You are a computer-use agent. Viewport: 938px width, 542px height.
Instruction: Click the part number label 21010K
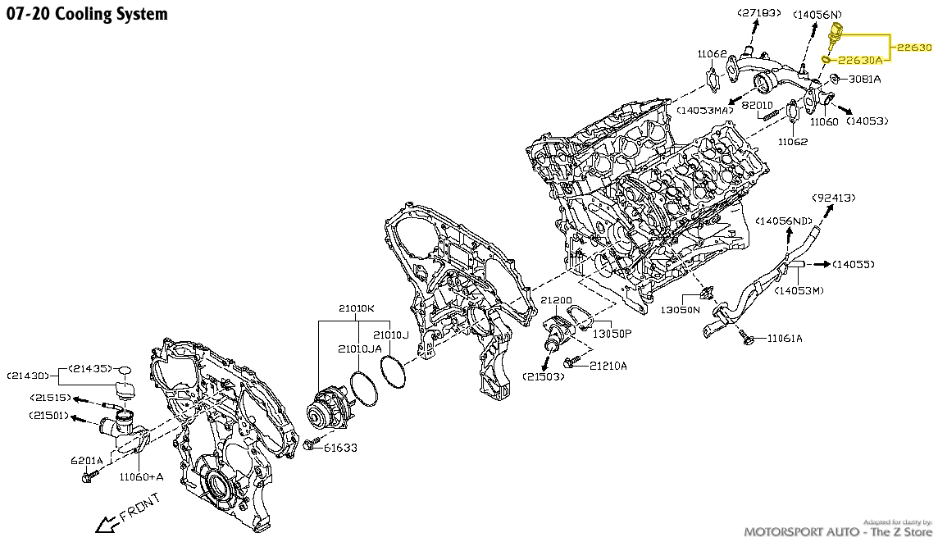(x=357, y=308)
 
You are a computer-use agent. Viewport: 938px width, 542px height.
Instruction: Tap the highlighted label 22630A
(x=860, y=60)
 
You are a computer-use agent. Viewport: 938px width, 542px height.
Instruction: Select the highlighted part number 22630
(x=914, y=48)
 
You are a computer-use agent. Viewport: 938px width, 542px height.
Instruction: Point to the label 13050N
(x=681, y=310)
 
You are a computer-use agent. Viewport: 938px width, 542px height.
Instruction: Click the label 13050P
(x=612, y=334)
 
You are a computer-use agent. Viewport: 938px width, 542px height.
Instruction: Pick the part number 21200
(x=555, y=301)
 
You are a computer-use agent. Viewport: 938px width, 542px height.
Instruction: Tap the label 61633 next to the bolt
(x=339, y=448)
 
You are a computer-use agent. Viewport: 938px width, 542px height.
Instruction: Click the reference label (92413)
(x=834, y=198)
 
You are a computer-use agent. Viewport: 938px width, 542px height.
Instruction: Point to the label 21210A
(x=608, y=365)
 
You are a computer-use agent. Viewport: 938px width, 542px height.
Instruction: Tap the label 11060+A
(x=141, y=476)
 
